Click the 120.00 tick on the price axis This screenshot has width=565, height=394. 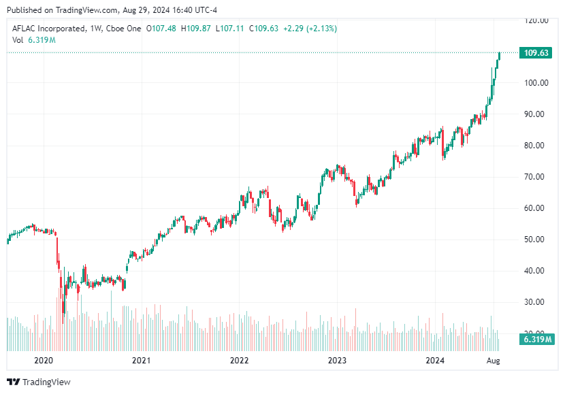tap(536, 20)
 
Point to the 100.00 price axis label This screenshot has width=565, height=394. tap(536, 83)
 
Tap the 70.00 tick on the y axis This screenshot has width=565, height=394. tap(536, 177)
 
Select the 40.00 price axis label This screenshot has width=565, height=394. tap(536, 271)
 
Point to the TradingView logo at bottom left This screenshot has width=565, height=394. tap(39, 382)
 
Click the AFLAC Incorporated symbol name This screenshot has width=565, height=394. tap(48, 29)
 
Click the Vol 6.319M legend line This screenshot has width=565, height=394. tap(33, 39)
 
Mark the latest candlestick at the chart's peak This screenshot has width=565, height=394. tap(499, 56)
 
